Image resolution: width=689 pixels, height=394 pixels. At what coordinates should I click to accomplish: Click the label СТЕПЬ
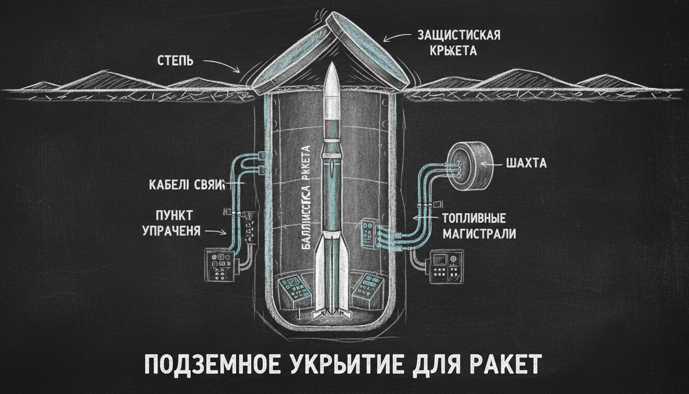[x=175, y=61]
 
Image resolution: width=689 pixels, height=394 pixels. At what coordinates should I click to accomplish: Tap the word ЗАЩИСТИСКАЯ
[x=459, y=35]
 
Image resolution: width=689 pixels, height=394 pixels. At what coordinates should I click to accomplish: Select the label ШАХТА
[x=526, y=164]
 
